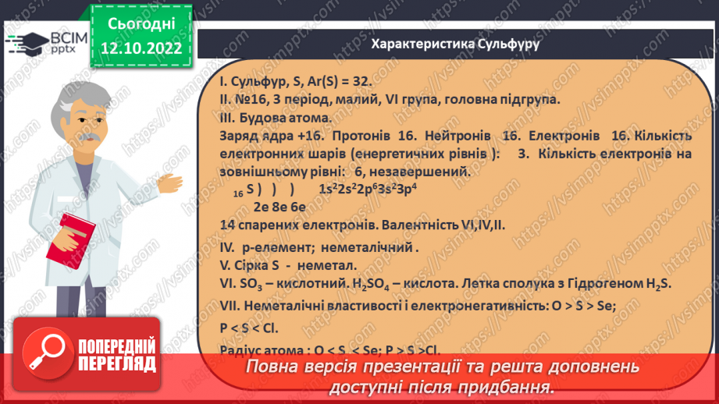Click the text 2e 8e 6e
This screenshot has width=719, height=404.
point(279,206)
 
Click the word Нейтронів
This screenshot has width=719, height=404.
point(454,136)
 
